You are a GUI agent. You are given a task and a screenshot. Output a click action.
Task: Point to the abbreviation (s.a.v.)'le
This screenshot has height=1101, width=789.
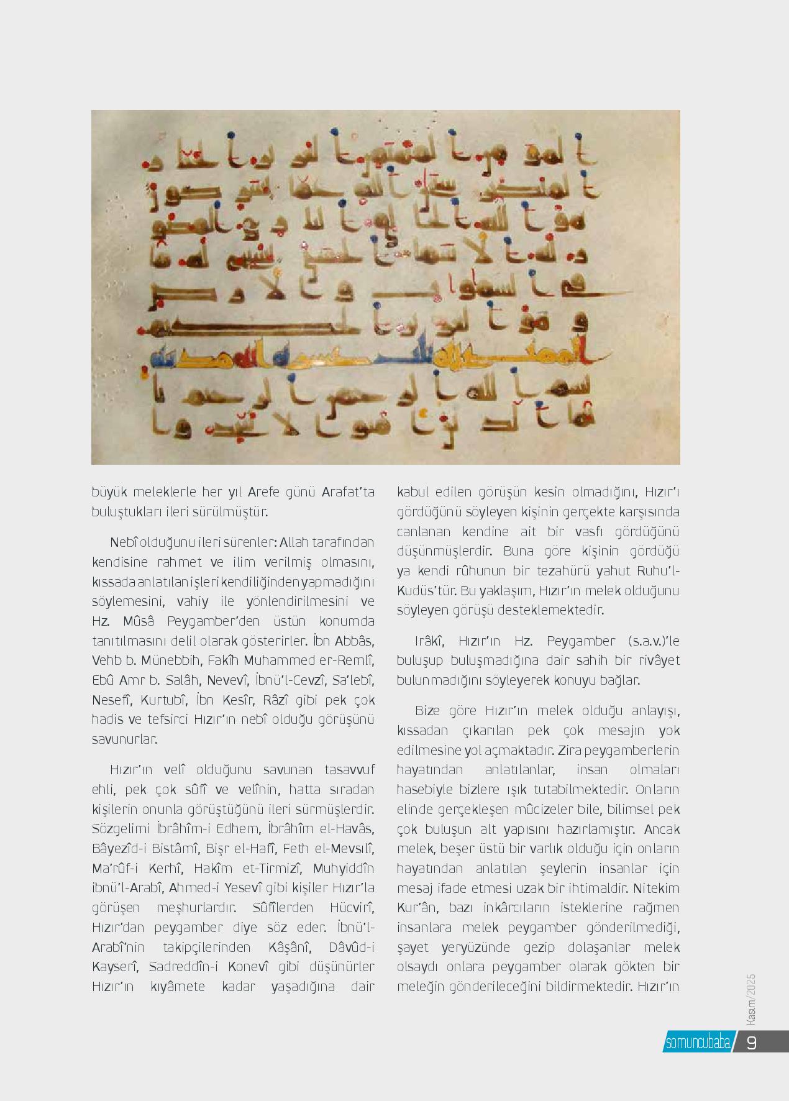[x=649, y=641]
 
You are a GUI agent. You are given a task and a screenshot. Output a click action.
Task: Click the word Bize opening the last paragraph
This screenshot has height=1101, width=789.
[x=428, y=711]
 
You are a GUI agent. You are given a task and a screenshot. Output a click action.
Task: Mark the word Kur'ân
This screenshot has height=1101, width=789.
[x=415, y=908]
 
